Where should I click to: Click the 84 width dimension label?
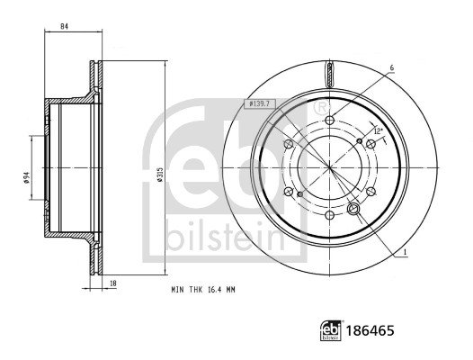coord(64,27)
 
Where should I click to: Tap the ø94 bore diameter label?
coord(26,177)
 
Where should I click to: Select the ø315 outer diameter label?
coord(160,175)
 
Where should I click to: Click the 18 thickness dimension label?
coord(113,283)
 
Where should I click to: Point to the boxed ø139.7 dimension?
coord(259,104)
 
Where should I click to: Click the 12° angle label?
coord(378,131)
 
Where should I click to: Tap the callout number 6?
coord(391,68)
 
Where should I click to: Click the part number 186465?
coord(370,330)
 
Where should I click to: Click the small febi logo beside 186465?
coord(331,330)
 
